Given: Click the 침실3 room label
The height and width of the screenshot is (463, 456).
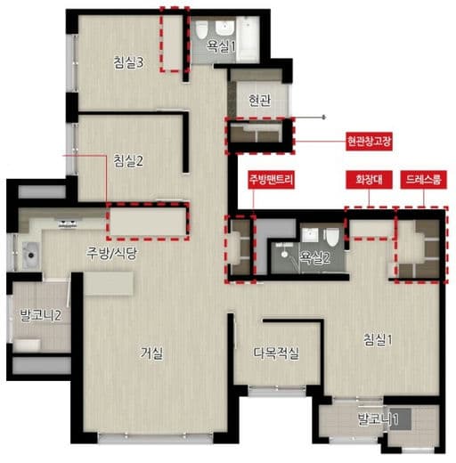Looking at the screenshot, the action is pyautogui.click(x=128, y=62).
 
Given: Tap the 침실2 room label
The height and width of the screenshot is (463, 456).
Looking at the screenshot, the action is pyautogui.click(x=128, y=160).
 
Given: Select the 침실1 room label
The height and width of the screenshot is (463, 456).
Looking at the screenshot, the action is pyautogui.click(x=378, y=339).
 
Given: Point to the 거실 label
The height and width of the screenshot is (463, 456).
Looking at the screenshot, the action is pyautogui.click(x=151, y=353).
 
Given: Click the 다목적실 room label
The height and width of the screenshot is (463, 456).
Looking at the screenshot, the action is pyautogui.click(x=276, y=353).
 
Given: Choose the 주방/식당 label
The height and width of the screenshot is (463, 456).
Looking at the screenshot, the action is pyautogui.click(x=111, y=254).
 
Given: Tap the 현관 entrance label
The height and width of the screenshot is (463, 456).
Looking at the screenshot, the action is pyautogui.click(x=260, y=100).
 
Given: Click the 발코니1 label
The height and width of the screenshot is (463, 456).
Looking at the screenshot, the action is pyautogui.click(x=378, y=418).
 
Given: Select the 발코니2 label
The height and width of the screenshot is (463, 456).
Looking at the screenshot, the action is pyautogui.click(x=41, y=315).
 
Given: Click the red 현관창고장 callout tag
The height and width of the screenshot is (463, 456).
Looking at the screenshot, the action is pyautogui.click(x=369, y=142).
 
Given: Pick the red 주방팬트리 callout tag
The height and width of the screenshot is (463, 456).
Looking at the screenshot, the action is pyautogui.click(x=272, y=179).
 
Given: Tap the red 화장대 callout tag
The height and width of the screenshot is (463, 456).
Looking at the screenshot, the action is pyautogui.click(x=369, y=179).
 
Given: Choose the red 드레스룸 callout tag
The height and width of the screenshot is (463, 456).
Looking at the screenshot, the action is pyautogui.click(x=423, y=179).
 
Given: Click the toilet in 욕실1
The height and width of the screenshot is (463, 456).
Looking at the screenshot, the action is pyautogui.click(x=201, y=30).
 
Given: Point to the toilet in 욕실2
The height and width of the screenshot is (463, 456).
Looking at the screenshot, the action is pyautogui.click(x=331, y=237).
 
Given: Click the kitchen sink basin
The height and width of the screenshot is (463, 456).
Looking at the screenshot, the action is pyautogui.click(x=30, y=255).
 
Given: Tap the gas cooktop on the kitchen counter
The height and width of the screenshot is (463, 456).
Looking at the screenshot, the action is pyautogui.click(x=68, y=223).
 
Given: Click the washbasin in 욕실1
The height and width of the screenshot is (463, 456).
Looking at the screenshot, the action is pyautogui.click(x=225, y=28).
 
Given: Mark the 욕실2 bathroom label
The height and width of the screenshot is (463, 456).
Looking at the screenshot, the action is pyautogui.click(x=314, y=257).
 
